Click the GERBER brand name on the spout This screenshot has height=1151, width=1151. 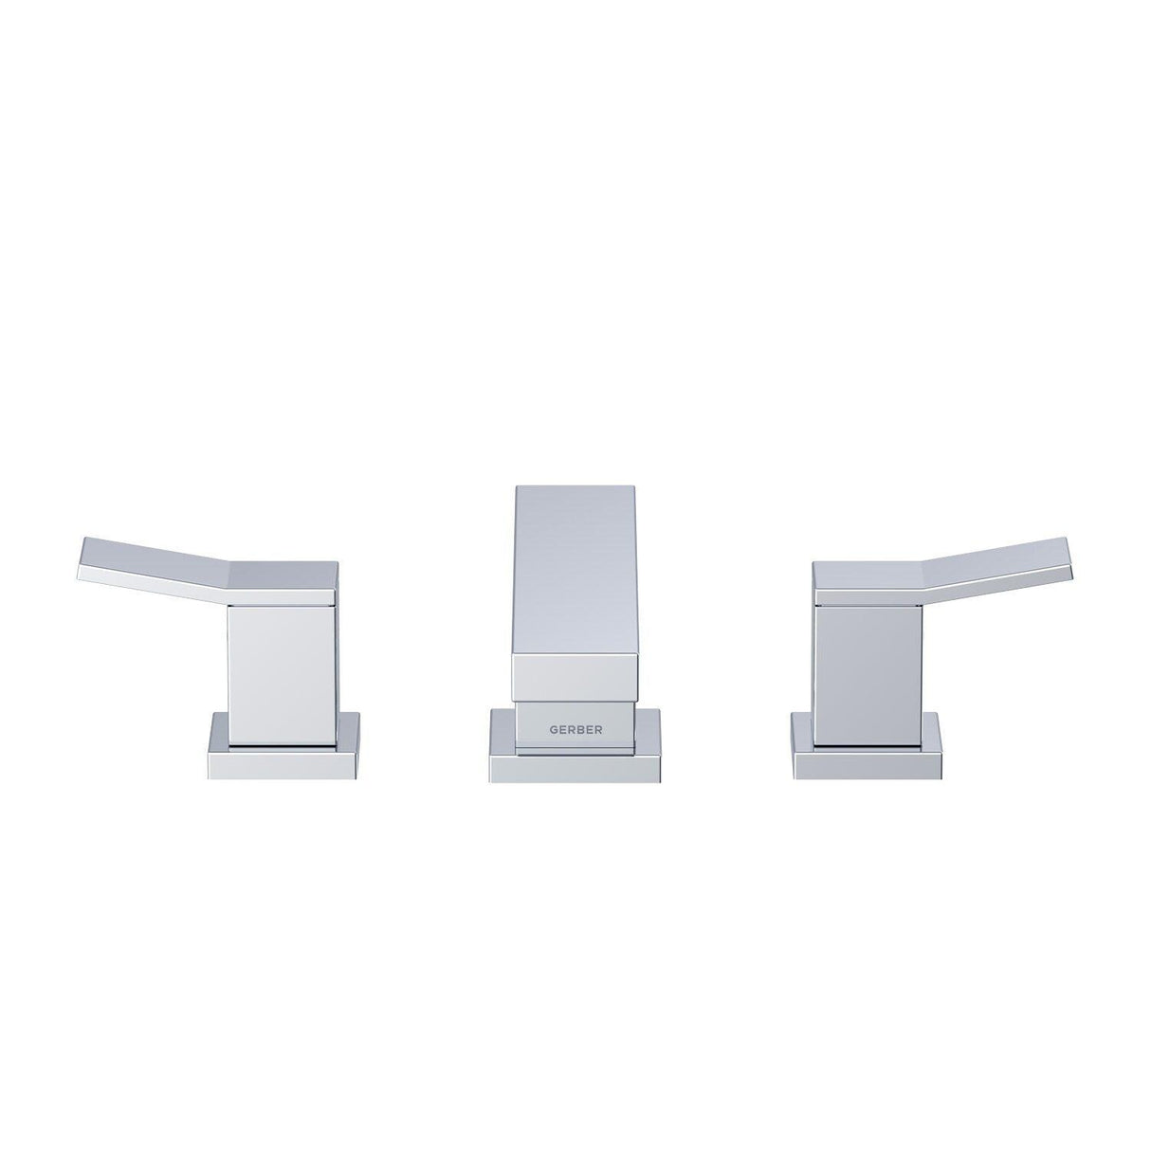[x=575, y=731]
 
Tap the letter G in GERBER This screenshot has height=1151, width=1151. [x=555, y=731]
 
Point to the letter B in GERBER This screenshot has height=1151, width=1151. [x=577, y=731]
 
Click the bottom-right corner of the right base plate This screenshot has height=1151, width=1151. [x=941, y=777]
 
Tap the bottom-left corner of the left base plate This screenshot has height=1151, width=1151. [x=209, y=777]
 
